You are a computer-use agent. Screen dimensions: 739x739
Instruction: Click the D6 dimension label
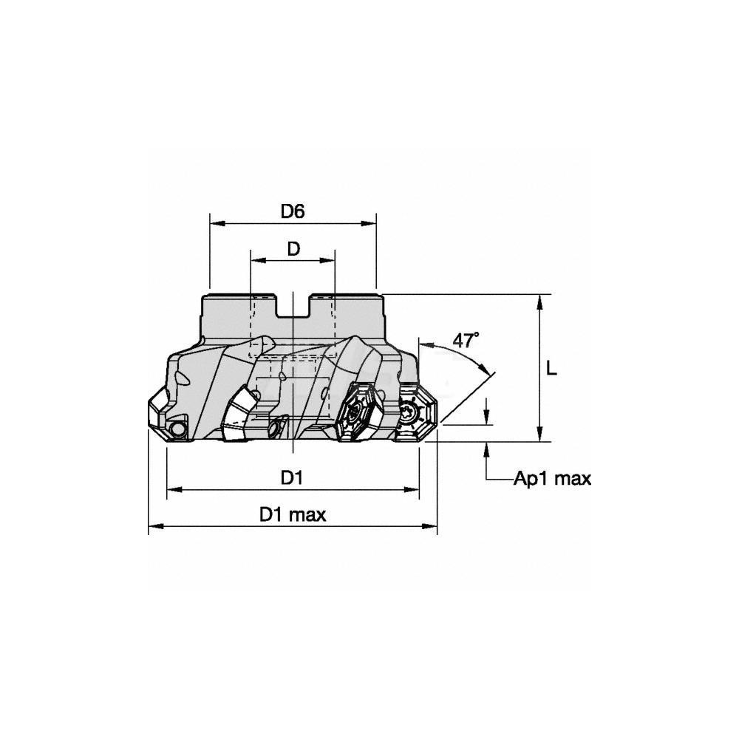(x=293, y=211)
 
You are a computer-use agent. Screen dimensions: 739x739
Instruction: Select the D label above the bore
(x=293, y=249)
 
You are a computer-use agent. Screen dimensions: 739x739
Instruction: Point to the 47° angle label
(x=466, y=340)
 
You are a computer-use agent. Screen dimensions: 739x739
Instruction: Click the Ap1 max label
(x=552, y=479)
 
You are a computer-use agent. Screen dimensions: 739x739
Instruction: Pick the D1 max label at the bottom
(x=293, y=514)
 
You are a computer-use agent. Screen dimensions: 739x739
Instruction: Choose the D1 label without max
(x=292, y=478)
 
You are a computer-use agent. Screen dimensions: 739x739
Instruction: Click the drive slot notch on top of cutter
(x=293, y=307)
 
